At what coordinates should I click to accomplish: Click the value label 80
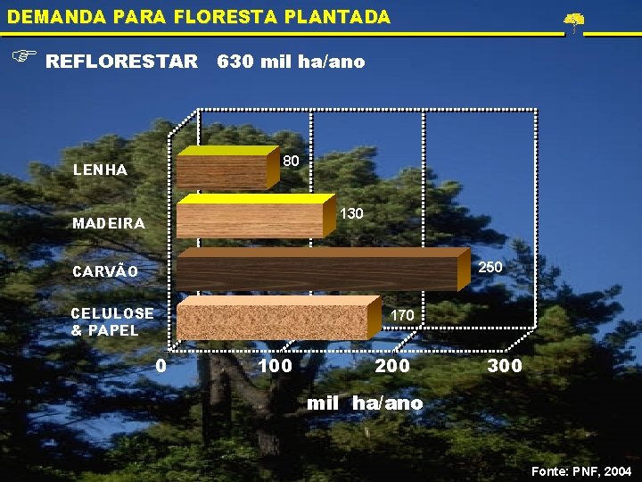(290, 162)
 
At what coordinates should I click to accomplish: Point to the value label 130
(352, 214)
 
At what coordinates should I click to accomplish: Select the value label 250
(490, 267)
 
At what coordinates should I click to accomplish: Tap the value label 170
(402, 315)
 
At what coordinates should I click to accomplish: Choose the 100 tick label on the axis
(274, 365)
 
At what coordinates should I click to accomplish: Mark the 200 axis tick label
(393, 365)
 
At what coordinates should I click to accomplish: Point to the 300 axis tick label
(505, 365)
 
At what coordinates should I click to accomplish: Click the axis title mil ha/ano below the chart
(365, 403)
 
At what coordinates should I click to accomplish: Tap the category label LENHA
(100, 170)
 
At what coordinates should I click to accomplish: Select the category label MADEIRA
(108, 223)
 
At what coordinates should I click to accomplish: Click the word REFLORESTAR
(121, 62)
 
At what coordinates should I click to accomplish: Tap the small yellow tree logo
(574, 21)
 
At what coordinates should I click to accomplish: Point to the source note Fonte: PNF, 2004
(581, 470)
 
